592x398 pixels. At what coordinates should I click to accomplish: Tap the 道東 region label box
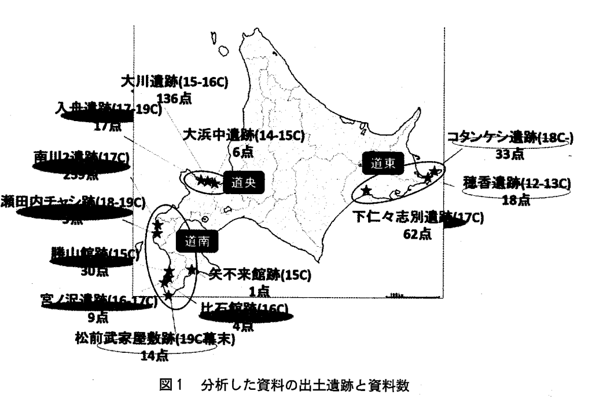(x=380, y=164)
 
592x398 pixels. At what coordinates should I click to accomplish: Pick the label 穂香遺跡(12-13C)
(x=516, y=184)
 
